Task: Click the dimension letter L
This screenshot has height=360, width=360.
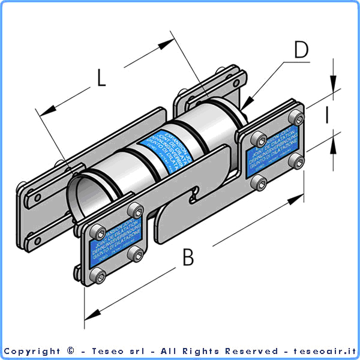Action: (101, 77)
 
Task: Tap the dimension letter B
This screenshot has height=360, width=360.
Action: (188, 258)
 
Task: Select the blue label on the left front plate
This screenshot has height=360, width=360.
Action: (113, 242)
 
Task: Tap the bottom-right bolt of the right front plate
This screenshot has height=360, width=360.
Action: (294, 160)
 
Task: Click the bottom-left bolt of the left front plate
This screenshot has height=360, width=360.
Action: (97, 276)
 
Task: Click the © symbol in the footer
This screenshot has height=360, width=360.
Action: (71, 351)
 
